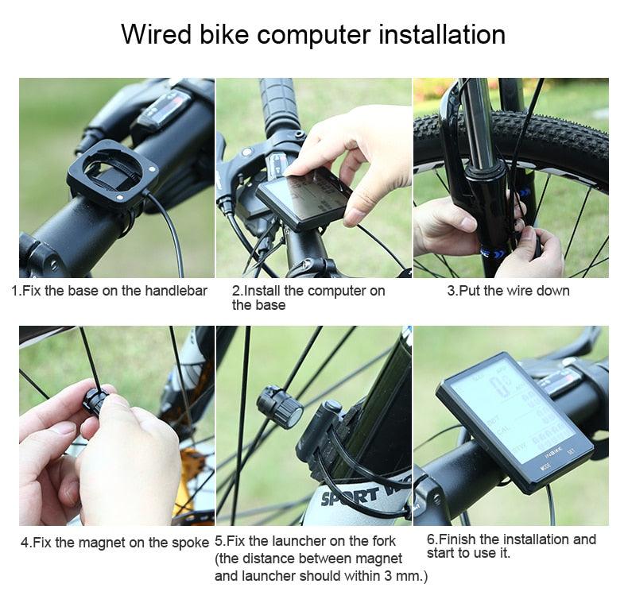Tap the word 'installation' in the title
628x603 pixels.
(441, 35)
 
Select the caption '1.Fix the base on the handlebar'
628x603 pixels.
(109, 291)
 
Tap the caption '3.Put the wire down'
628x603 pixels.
(508, 291)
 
